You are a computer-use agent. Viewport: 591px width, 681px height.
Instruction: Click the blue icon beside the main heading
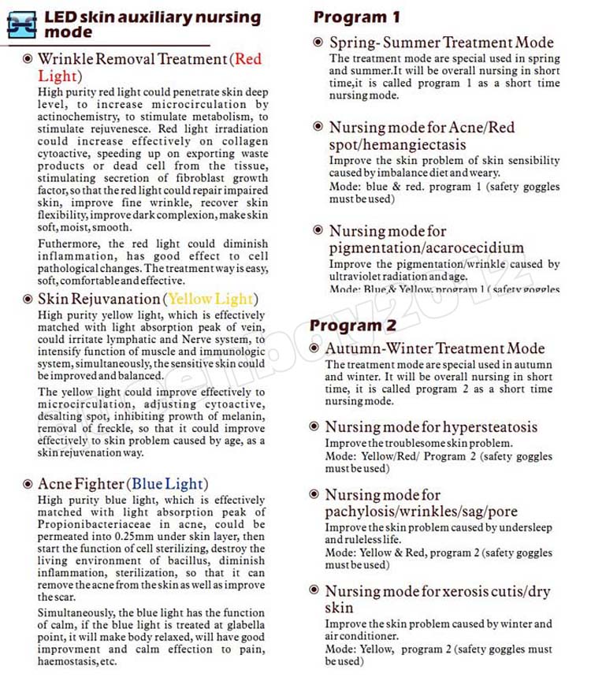21,24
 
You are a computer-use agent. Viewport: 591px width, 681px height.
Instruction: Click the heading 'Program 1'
356,17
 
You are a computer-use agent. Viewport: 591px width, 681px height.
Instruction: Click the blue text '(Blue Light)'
167,484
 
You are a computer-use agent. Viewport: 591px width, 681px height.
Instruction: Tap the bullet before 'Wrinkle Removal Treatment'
28,59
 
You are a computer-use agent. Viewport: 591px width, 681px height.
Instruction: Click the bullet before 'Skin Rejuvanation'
28,300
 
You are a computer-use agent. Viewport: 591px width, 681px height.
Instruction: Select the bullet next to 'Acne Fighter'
28,484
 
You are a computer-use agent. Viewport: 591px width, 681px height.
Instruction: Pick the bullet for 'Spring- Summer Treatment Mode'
318,43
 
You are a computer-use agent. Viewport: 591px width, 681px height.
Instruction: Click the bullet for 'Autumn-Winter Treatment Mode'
315,348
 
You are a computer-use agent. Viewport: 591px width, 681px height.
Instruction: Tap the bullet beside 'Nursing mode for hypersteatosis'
315,427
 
